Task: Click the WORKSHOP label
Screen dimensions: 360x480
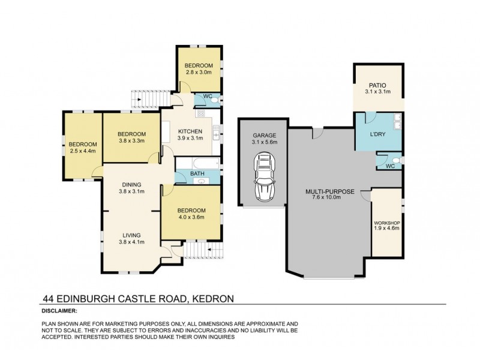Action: [386, 223]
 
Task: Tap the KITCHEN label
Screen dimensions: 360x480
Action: [191, 131]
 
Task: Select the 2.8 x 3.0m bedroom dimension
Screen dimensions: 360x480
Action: [198, 72]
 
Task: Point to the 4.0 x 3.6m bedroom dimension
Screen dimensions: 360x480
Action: [191, 217]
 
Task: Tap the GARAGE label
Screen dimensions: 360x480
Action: [263, 136]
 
